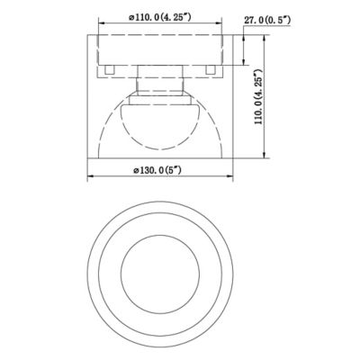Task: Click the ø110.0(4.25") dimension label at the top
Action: [x=160, y=17]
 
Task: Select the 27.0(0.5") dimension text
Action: [x=267, y=21]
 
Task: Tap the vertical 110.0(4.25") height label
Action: [x=258, y=97]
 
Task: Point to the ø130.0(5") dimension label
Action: [x=157, y=170]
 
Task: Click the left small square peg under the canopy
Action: [x=110, y=69]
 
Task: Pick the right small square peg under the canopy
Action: [x=211, y=69]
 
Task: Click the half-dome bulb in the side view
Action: [x=160, y=126]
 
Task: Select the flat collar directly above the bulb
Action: [x=160, y=100]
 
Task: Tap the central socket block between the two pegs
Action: [x=160, y=72]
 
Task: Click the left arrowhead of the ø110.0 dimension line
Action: [x=102, y=23]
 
